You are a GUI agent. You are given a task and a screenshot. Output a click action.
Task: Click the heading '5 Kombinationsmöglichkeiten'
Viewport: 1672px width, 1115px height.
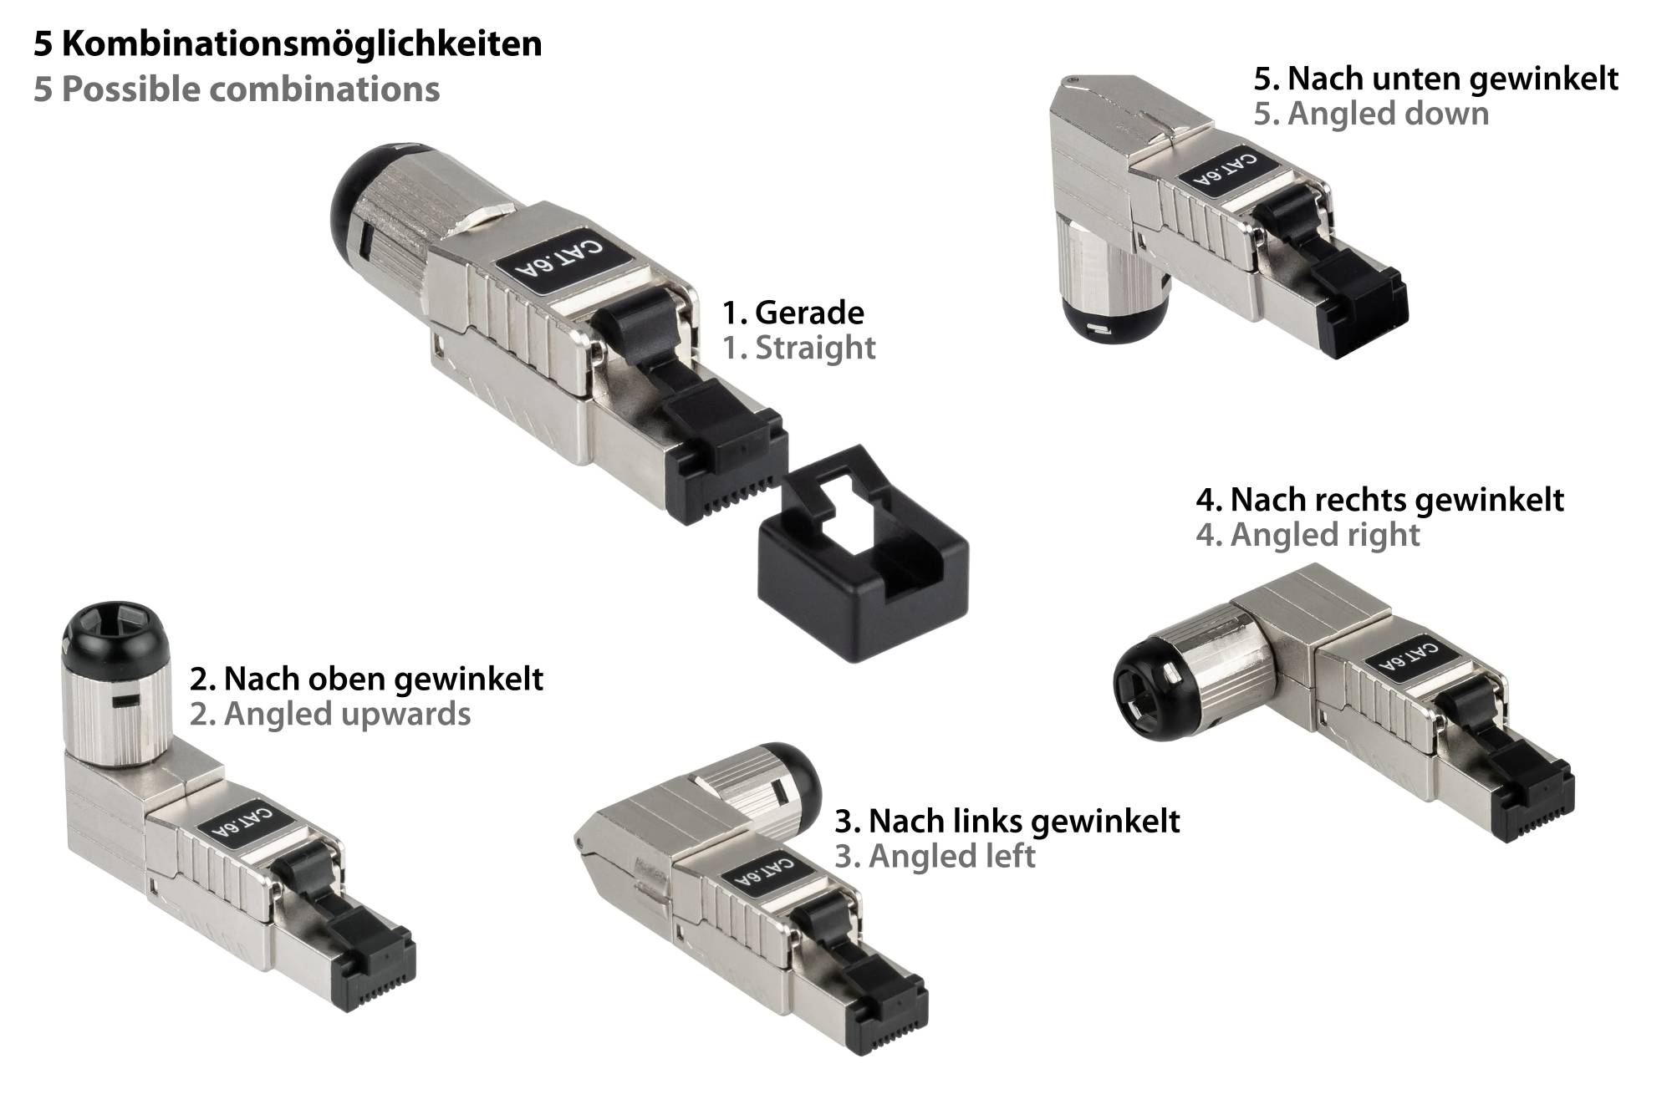[x=288, y=43]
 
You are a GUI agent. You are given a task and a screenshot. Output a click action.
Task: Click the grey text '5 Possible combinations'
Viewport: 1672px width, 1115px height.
[x=237, y=89]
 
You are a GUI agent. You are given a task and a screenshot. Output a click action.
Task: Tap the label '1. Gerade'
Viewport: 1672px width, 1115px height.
[x=793, y=313]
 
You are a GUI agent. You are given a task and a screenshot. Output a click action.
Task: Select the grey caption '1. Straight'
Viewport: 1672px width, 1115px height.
[x=799, y=348]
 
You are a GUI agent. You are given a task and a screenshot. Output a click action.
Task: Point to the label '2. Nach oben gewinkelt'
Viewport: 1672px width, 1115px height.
[x=366, y=679]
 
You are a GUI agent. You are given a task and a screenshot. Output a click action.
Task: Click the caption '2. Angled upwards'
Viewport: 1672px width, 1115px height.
[x=330, y=715]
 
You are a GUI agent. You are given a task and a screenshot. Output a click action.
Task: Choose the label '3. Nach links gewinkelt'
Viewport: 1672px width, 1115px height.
[x=1007, y=821]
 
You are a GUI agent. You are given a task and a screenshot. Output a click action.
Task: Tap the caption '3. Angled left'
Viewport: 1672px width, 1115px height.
[x=935, y=856]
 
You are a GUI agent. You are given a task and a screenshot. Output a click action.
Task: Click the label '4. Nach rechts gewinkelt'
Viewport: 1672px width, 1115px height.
[x=1379, y=500]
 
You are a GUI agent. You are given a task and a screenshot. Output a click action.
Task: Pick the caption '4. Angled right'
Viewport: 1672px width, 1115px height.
[x=1308, y=535]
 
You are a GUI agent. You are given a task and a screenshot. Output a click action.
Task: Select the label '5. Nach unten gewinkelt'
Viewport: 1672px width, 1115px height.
[x=1436, y=79]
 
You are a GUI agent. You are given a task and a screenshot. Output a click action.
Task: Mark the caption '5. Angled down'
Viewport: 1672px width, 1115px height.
[x=1371, y=114]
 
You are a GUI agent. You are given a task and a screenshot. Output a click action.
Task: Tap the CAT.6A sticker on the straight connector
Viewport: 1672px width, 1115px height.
[x=556, y=267]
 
